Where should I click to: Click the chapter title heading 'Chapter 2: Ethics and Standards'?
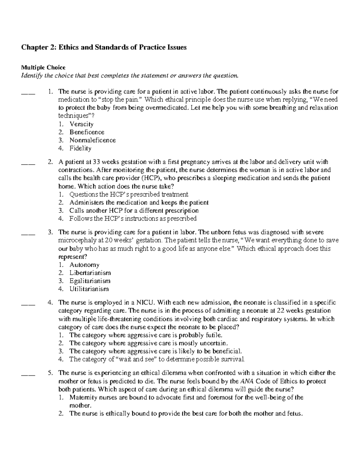103,47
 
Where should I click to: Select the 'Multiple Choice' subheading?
43,68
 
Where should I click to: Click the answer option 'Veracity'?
81,124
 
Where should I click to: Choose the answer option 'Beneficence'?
87,132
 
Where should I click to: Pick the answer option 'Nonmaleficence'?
92,140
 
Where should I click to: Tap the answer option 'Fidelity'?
80,149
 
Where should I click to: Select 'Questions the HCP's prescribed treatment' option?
129,194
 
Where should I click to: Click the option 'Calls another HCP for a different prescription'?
134,211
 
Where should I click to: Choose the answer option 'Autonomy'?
84,265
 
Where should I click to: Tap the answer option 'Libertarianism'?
90,273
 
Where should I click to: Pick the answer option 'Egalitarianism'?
90,281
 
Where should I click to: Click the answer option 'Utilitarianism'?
89,289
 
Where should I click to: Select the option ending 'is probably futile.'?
146,335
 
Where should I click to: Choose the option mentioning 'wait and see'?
157,359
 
